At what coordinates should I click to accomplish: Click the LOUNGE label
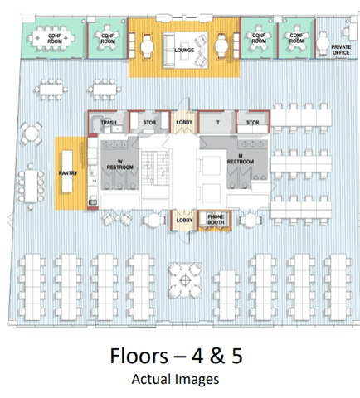coord(184,51)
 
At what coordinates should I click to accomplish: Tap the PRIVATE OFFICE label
coord(341,50)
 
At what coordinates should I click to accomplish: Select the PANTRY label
coord(68,173)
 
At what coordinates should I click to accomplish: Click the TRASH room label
coord(109,123)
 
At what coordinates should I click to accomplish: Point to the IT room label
coord(217,123)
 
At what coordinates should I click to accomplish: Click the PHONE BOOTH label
coord(216,220)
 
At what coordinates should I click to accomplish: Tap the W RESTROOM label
coord(120,164)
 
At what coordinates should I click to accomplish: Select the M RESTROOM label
coord(241,159)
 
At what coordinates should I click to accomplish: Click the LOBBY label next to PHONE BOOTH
coord(184,221)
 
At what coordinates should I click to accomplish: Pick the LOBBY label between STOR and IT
coord(184,123)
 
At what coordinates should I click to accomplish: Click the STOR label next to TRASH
coord(149,123)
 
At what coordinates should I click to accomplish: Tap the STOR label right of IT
coord(253,123)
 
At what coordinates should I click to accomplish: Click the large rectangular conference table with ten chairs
coord(51,38)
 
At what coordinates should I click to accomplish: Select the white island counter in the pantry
coord(67,172)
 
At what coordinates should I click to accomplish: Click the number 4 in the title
coord(197,356)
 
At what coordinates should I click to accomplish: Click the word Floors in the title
coord(139,356)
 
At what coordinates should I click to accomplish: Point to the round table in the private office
coord(323,43)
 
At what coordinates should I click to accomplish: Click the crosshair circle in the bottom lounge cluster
coord(185,281)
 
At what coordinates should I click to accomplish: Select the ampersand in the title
coord(217,356)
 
